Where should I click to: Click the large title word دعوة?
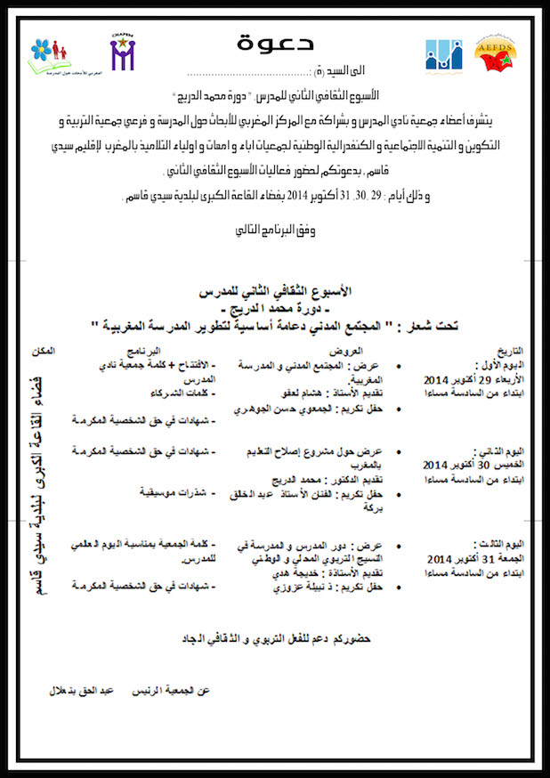click(x=274, y=43)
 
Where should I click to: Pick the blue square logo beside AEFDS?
click(x=442, y=55)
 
